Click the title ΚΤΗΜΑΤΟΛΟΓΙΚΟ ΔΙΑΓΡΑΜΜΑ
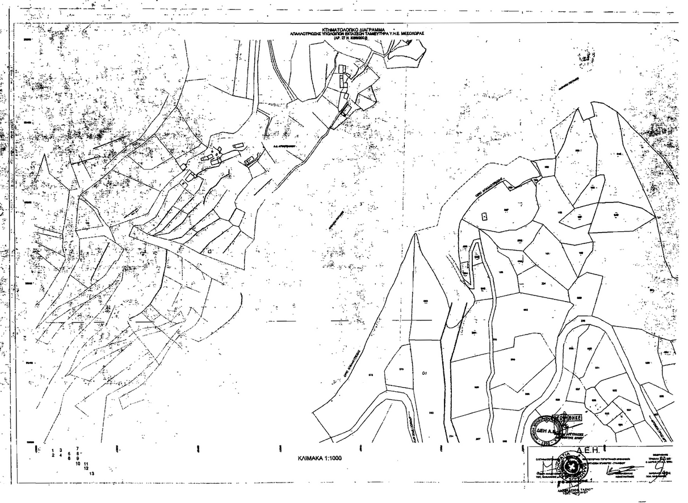click(x=353, y=29)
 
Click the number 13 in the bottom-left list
click(x=91, y=472)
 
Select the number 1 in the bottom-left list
click(x=53, y=450)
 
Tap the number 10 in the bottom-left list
click(x=78, y=463)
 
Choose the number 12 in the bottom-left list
click(x=85, y=468)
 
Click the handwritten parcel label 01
click(x=424, y=373)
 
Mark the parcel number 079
click(x=401, y=370)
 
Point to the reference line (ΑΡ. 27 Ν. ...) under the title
click(x=353, y=38)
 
